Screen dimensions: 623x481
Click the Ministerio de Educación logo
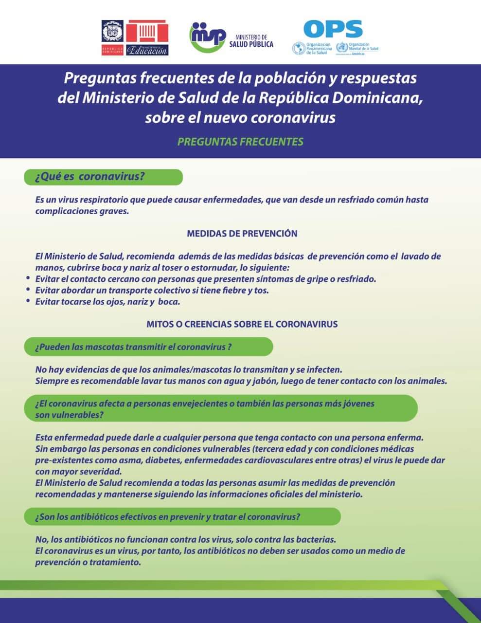click(147, 37)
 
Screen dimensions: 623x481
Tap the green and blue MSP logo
click(208, 37)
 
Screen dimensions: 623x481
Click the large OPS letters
click(333, 29)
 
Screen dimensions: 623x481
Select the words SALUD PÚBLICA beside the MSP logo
click(251, 44)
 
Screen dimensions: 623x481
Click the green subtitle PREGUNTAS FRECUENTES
click(240, 142)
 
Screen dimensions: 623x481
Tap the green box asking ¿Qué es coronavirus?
click(103, 177)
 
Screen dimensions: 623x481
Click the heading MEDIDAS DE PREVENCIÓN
click(242, 234)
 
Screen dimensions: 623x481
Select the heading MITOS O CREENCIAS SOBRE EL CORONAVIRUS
click(242, 324)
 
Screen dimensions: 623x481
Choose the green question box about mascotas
click(148, 347)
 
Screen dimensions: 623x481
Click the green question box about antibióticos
click(182, 517)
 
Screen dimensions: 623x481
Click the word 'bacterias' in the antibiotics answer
click(315, 540)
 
